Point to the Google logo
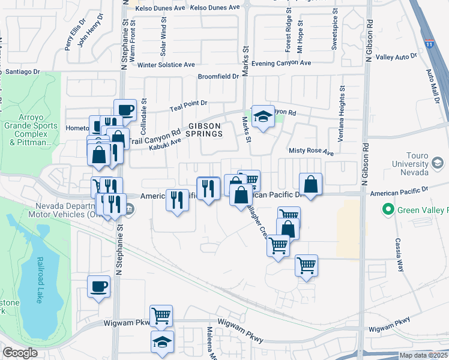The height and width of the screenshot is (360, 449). [x=20, y=353]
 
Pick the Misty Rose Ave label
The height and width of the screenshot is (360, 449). [x=311, y=152]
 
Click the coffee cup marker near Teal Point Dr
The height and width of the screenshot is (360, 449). [x=124, y=110]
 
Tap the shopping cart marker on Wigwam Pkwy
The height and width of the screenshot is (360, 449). [x=161, y=315]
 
